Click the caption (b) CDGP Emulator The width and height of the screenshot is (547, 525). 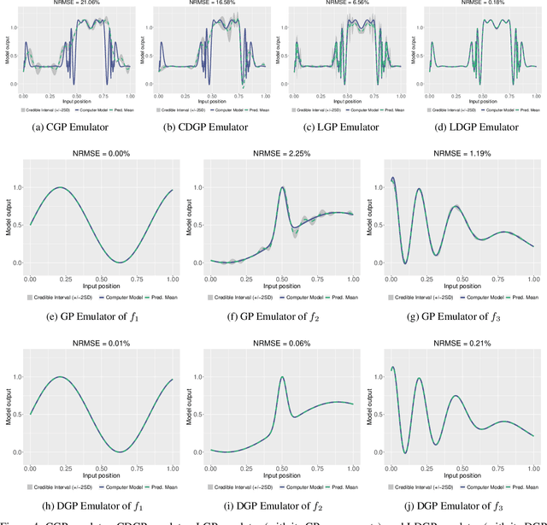(x=204, y=127)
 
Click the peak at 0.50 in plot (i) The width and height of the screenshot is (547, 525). (x=280, y=377)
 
